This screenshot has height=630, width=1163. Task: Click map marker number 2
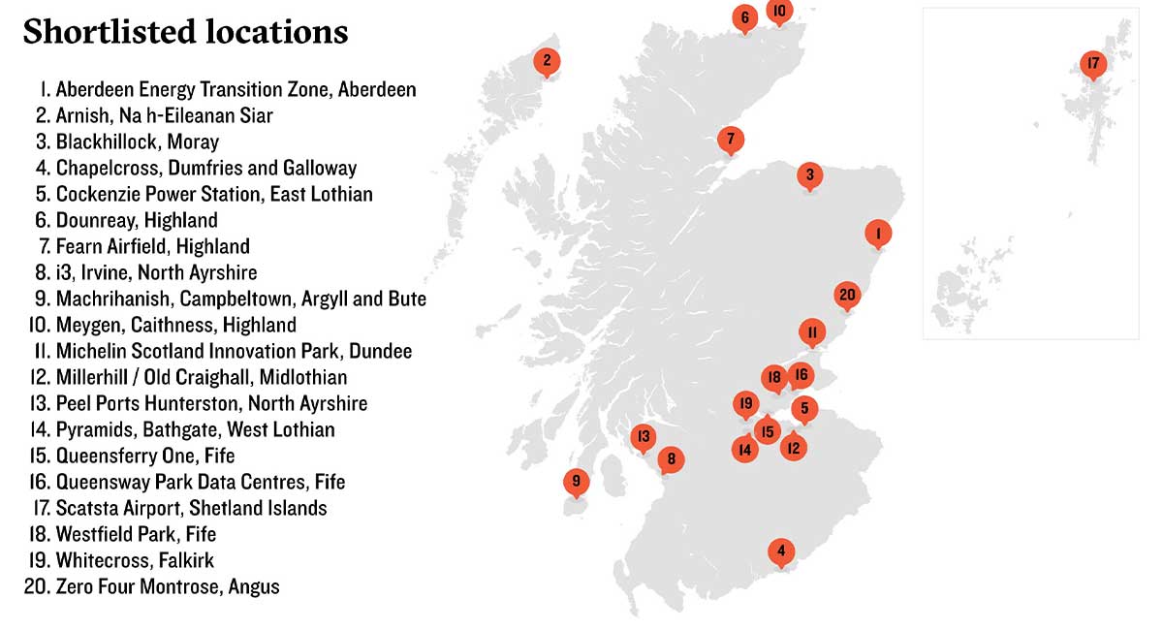click(547, 62)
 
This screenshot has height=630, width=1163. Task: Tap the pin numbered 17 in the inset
click(1092, 65)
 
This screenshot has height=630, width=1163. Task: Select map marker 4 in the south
click(781, 551)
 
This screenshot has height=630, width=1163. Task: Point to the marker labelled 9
click(576, 481)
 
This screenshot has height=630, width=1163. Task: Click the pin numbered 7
click(731, 139)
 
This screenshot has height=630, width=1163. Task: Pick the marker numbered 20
click(847, 295)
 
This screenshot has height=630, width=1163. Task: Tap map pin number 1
click(877, 234)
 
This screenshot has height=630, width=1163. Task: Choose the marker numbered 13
click(643, 436)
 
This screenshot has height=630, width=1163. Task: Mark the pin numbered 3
click(809, 175)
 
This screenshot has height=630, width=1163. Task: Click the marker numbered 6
click(744, 16)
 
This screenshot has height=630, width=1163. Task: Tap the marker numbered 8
click(670, 459)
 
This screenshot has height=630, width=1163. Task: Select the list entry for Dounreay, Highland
click(137, 220)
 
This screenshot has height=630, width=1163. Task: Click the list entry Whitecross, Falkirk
click(135, 560)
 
